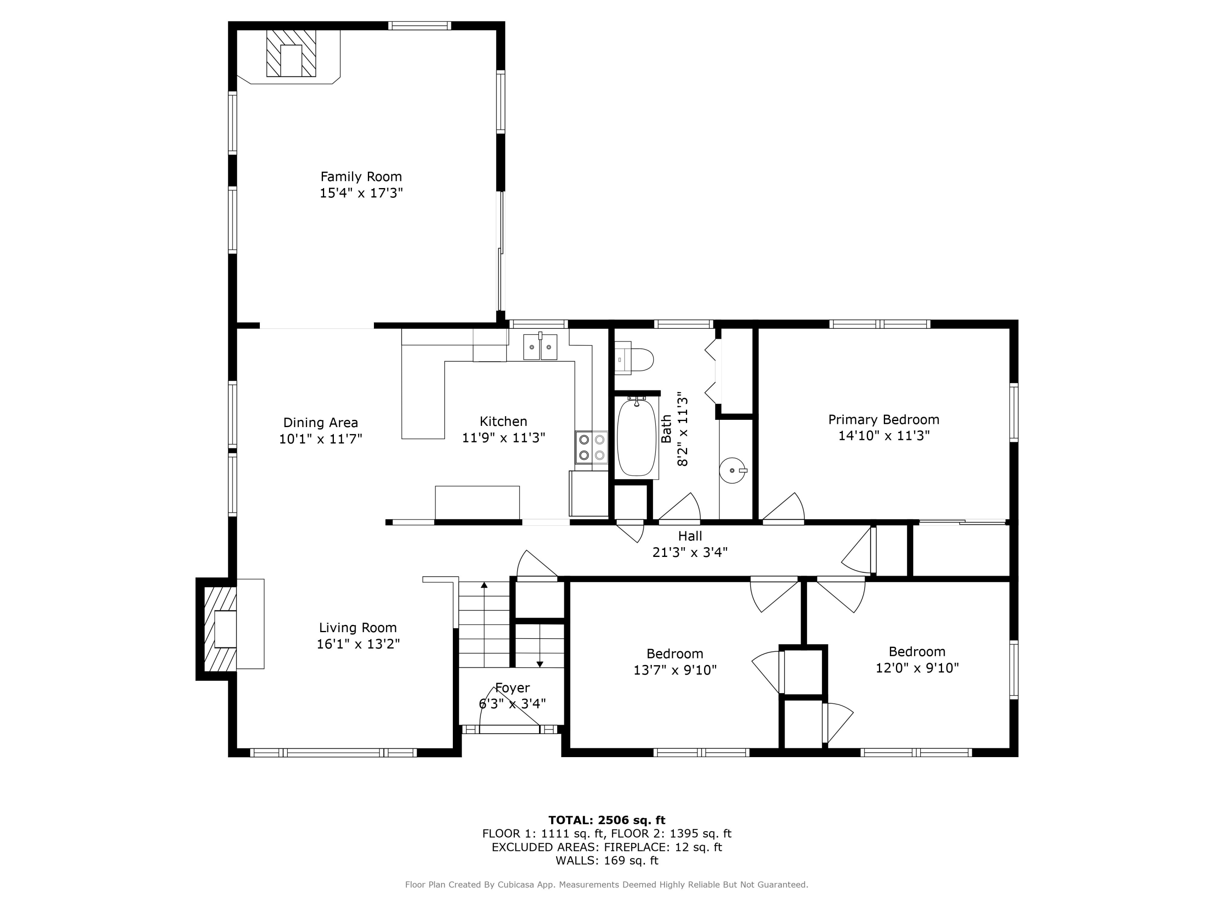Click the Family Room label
pyautogui.click(x=361, y=177)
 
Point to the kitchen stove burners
pyautogui.click(x=592, y=447)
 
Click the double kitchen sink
pyautogui.click(x=540, y=347)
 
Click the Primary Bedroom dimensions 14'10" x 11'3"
pyautogui.click(x=884, y=436)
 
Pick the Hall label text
pyautogui.click(x=690, y=536)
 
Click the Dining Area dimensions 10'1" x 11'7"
pyautogui.click(x=320, y=439)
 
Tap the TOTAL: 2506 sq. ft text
pyautogui.click(x=607, y=820)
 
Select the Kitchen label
pyautogui.click(x=503, y=421)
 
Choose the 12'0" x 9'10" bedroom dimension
pyautogui.click(x=917, y=668)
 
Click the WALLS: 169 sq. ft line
pyautogui.click(x=607, y=861)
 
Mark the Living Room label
pyautogui.click(x=358, y=628)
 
